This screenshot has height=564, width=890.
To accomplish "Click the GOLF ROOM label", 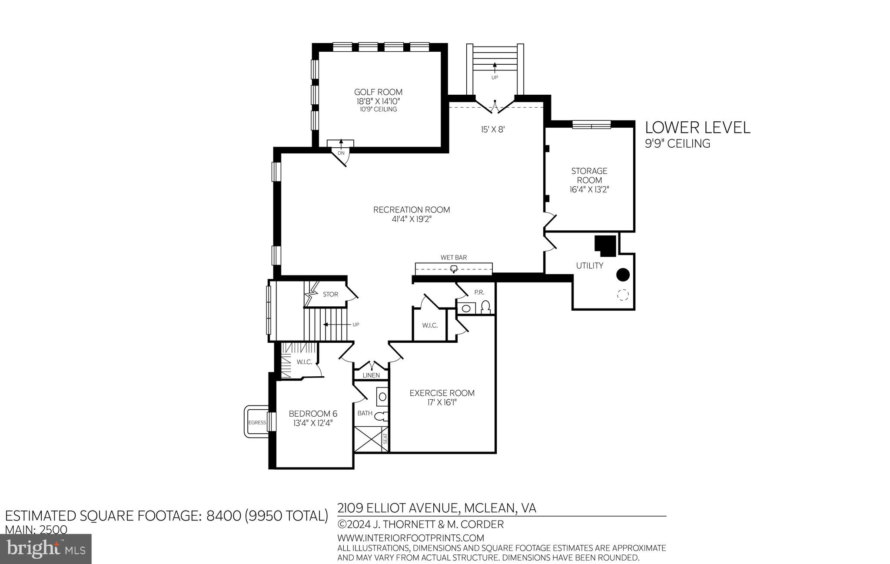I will [x=378, y=92].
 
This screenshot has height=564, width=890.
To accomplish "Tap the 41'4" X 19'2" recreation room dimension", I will [x=411, y=219].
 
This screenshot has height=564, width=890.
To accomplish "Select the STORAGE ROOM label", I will [x=589, y=176].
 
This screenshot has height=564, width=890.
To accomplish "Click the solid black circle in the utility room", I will [x=623, y=275].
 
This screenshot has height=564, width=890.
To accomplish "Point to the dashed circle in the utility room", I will [x=623, y=295].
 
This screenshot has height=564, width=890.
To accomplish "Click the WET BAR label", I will [x=454, y=258].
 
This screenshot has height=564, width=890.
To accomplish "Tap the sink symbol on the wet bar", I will [x=454, y=269].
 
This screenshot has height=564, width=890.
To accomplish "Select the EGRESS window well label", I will [x=257, y=422].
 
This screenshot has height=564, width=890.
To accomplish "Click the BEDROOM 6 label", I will [x=313, y=414].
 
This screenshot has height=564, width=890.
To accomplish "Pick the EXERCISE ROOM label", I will [x=442, y=393].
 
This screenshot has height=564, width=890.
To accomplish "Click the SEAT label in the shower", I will [x=385, y=439].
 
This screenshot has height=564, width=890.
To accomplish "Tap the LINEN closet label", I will [x=371, y=375].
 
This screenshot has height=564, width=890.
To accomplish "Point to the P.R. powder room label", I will [x=479, y=292].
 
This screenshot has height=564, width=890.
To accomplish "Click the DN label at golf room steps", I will [x=341, y=153].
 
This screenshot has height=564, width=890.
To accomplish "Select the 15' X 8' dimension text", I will [x=493, y=129].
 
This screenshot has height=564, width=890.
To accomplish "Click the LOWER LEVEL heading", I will [x=697, y=127].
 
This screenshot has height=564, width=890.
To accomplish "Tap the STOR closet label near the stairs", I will [x=330, y=294].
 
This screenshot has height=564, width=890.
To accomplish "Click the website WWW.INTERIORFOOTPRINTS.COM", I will [x=411, y=538].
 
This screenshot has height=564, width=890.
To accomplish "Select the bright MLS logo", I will [x=46, y=549].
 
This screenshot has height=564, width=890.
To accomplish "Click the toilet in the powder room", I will [x=486, y=307].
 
